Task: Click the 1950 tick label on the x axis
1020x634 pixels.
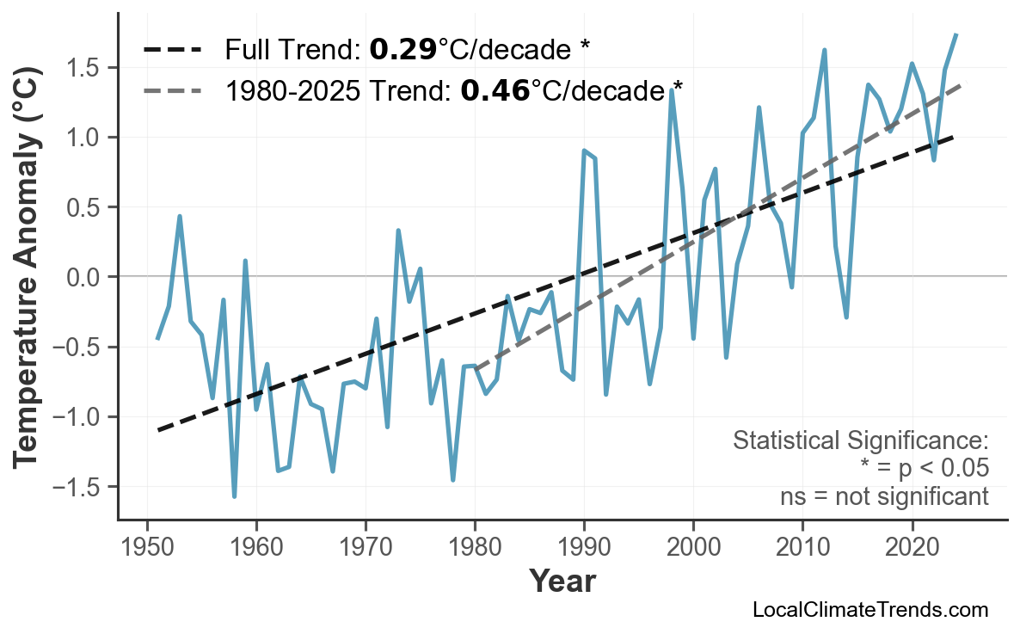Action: pyautogui.click(x=147, y=547)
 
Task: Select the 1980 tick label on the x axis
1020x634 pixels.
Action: pyautogui.click(x=475, y=547)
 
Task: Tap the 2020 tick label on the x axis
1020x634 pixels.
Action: pyautogui.click(x=912, y=547)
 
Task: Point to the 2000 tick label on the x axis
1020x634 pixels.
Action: pyautogui.click(x=693, y=547)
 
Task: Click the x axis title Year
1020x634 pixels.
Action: pyautogui.click(x=562, y=582)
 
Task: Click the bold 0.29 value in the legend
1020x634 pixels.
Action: pyautogui.click(x=402, y=50)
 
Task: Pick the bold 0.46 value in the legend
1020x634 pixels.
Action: pyautogui.click(x=495, y=89)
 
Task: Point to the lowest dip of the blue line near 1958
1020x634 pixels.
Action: pyautogui.click(x=234, y=496)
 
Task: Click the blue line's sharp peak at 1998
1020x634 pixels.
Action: pyautogui.click(x=671, y=89)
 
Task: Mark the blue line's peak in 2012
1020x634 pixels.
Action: pyautogui.click(x=824, y=50)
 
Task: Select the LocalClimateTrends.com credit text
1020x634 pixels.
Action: pyautogui.click(x=869, y=610)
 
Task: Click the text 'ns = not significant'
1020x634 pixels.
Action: pyautogui.click(x=884, y=496)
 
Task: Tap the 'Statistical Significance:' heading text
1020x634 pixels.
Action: pyautogui.click(x=860, y=441)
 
